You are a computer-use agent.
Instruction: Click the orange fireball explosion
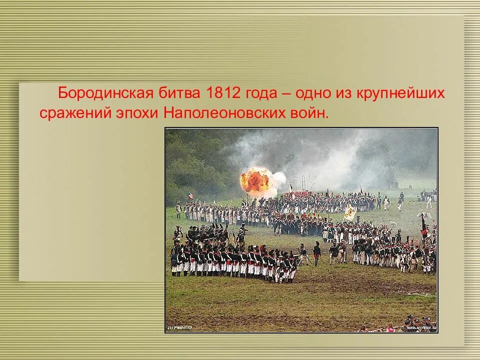point(257,180)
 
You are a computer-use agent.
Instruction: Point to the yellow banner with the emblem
point(349,212)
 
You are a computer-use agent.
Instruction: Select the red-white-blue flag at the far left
point(190,196)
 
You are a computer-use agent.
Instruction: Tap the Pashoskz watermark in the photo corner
point(180,327)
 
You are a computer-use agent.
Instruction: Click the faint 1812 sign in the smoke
point(305,181)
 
